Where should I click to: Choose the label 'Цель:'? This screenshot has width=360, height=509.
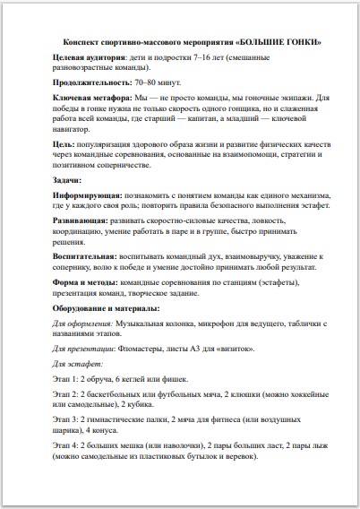click(63, 142)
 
